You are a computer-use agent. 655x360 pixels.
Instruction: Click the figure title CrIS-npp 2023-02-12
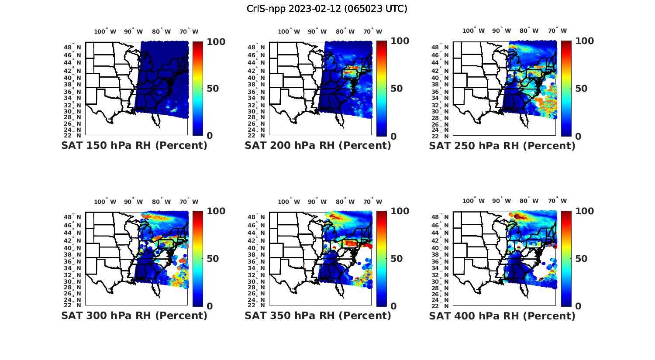(327, 9)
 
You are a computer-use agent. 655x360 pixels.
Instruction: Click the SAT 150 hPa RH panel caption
(134, 146)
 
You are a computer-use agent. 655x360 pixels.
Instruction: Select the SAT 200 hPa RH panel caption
(318, 146)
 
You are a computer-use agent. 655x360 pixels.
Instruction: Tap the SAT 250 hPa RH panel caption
(502, 146)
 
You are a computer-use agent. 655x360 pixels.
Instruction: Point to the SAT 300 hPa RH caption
(134, 315)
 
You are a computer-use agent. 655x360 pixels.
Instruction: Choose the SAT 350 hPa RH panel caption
(318, 315)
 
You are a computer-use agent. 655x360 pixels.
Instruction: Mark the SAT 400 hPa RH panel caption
(502, 315)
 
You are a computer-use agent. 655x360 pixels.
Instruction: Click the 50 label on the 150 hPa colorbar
(213, 89)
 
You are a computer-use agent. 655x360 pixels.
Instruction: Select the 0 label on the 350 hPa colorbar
(393, 306)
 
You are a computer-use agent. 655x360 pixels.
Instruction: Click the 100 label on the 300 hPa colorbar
(216, 211)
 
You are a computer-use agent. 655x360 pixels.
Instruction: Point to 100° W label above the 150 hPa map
(105, 31)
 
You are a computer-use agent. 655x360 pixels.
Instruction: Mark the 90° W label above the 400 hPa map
(501, 201)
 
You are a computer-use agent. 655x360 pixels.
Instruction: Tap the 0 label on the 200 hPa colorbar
(393, 136)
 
